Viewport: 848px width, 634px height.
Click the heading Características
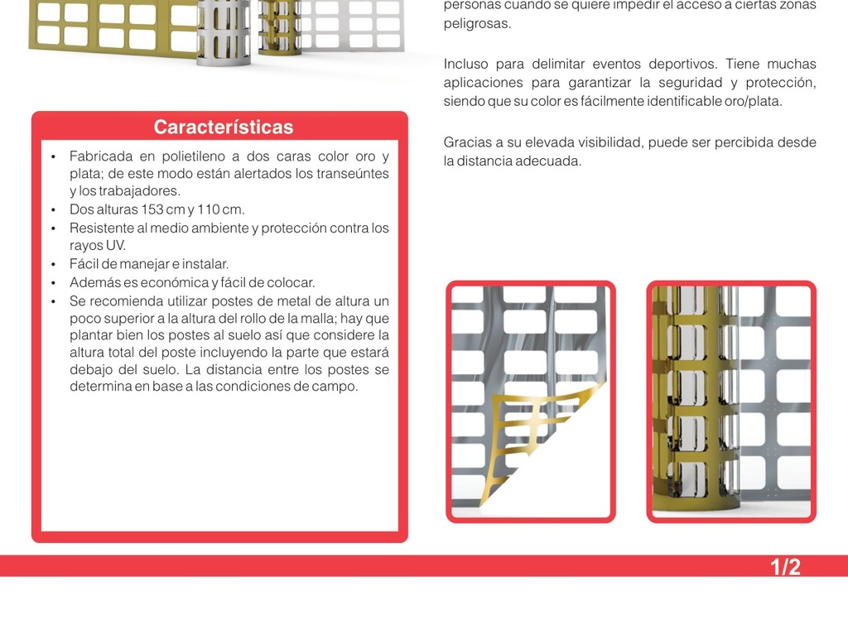[224, 127]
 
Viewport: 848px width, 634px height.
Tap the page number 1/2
[785, 567]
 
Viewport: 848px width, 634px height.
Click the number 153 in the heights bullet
[152, 209]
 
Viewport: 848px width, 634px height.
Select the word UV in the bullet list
[115, 245]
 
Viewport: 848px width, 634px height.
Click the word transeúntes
[357, 174]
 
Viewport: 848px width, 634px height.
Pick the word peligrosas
[476, 24]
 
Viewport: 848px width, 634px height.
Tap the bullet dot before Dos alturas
[53, 209]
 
